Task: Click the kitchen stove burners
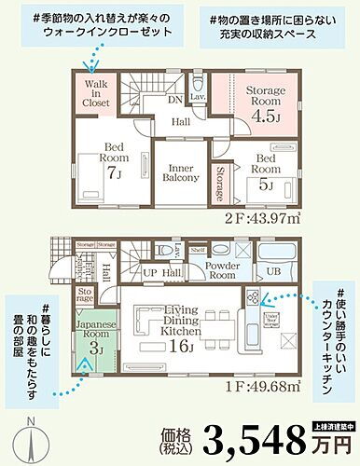click(254, 297)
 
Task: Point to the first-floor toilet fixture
click(168, 251)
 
